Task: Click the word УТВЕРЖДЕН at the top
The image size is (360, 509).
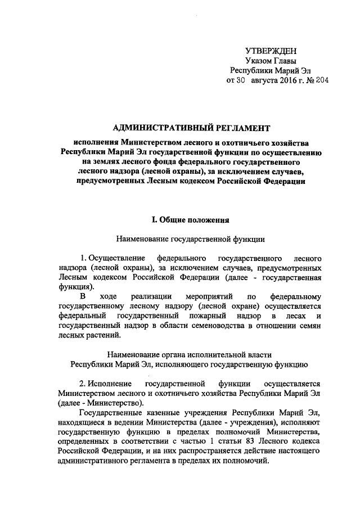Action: point(272,51)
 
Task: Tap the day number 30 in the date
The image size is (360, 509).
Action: point(240,81)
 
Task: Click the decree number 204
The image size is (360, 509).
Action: point(321,81)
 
